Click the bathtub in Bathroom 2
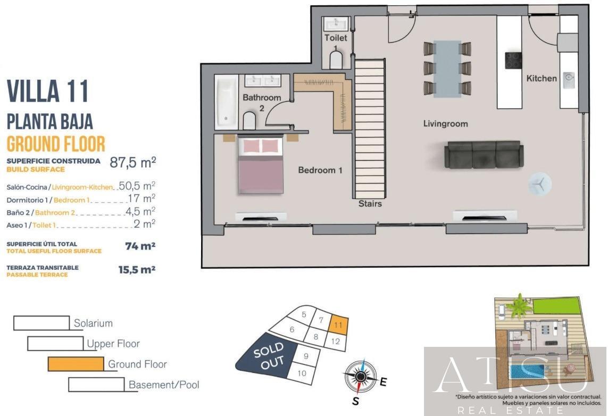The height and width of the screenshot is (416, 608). pyautogui.click(x=226, y=102)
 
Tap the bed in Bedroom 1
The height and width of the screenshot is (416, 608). pyautogui.click(x=261, y=166)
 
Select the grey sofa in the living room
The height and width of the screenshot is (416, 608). pyautogui.click(x=483, y=154)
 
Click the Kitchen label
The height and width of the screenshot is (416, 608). pyautogui.click(x=542, y=79)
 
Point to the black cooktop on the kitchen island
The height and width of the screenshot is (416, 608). pyautogui.click(x=513, y=60)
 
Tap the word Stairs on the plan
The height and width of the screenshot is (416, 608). pyautogui.click(x=370, y=203)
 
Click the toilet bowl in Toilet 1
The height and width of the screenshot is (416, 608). pyautogui.click(x=336, y=61)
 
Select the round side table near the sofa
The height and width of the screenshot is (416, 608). pyautogui.click(x=540, y=184)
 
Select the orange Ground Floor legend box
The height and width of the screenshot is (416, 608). pyautogui.click(x=76, y=364)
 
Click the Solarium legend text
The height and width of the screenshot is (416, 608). pyautogui.click(x=93, y=323)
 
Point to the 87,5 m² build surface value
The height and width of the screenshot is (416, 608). pyautogui.click(x=132, y=162)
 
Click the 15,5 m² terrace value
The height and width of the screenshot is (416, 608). pyautogui.click(x=137, y=270)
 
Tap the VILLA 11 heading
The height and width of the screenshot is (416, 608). pyautogui.click(x=47, y=91)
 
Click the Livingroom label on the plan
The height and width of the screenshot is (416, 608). pyautogui.click(x=445, y=124)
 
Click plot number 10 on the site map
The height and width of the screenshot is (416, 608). pyautogui.click(x=302, y=373)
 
